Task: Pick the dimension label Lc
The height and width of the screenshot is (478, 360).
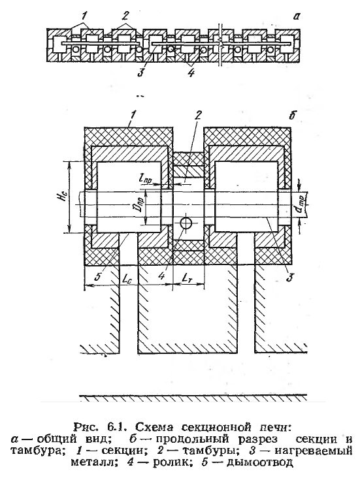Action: click(127, 278)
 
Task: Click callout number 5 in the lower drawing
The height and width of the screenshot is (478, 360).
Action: click(97, 277)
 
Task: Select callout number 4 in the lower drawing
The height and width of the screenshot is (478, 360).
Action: click(161, 276)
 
